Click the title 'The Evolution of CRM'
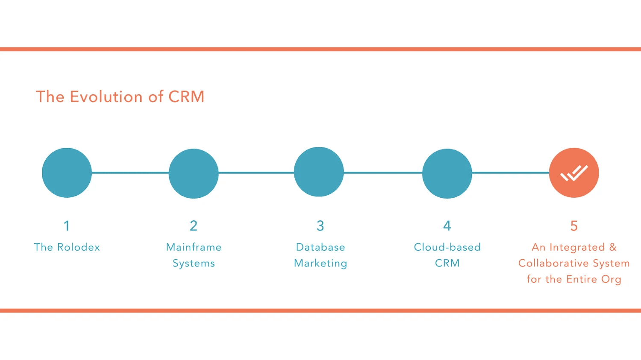coord(120,97)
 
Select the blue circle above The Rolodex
coord(67,173)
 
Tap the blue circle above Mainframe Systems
coord(194,173)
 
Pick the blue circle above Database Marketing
coord(319,172)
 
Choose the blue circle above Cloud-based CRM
coord(447,173)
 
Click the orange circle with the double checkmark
coord(574,173)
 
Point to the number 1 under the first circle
coord(67,225)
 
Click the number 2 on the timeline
coord(194,225)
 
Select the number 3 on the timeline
coord(320,225)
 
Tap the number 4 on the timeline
coord(447,225)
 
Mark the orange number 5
coord(574,225)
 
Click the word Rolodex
coord(78,247)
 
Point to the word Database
coord(320,247)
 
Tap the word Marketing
coord(320,263)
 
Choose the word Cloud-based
coord(447,247)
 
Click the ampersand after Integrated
coord(613,247)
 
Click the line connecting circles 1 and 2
coord(130,173)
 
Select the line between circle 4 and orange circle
coord(511,173)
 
